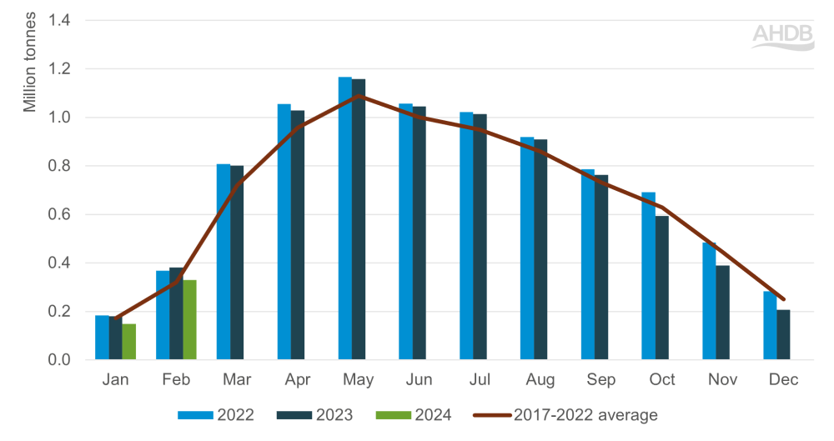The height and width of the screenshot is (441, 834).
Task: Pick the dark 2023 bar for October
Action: coord(661,288)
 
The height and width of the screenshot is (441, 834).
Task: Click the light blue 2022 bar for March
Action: coord(224,262)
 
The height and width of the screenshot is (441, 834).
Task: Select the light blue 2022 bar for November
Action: coord(709,301)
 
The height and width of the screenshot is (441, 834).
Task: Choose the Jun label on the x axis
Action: coord(419,380)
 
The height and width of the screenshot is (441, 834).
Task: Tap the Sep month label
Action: coord(601,380)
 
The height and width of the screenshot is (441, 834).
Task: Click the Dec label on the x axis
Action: coord(784,380)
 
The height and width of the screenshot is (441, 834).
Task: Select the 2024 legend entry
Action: coord(419,414)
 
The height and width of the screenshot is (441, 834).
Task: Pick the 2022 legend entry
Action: coord(215,414)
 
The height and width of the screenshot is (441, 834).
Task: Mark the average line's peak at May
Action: coord(358,95)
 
